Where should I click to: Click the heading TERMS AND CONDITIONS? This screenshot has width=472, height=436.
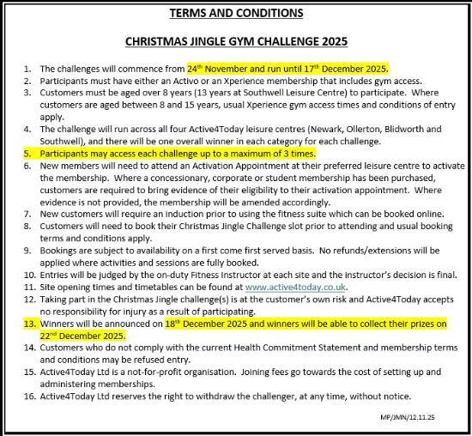click(236, 14)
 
